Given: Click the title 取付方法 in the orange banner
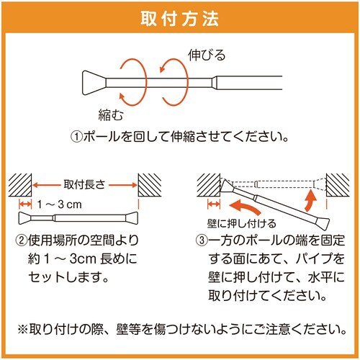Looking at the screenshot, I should click(180, 17).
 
